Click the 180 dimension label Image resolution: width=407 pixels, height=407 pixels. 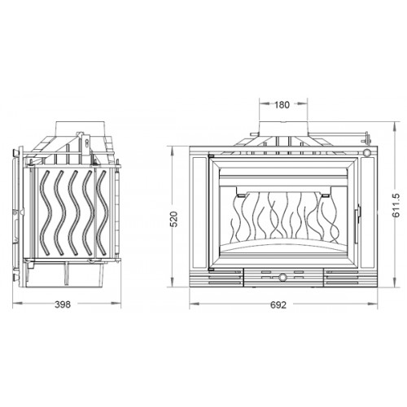coord(282,105)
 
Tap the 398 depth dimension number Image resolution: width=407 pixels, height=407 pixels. coord(63,304)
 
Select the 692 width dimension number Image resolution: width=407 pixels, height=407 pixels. coord(278,305)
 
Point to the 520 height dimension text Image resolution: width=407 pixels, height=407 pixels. coord(173,219)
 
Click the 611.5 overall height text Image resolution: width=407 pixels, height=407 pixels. coord(396,205)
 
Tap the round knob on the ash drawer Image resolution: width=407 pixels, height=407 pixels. coord(282,278)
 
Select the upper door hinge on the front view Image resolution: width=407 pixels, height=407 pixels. coord(211,156)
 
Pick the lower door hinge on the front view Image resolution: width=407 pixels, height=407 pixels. coord(211,269)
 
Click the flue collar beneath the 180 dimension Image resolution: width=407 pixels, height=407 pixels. coord(283,128)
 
